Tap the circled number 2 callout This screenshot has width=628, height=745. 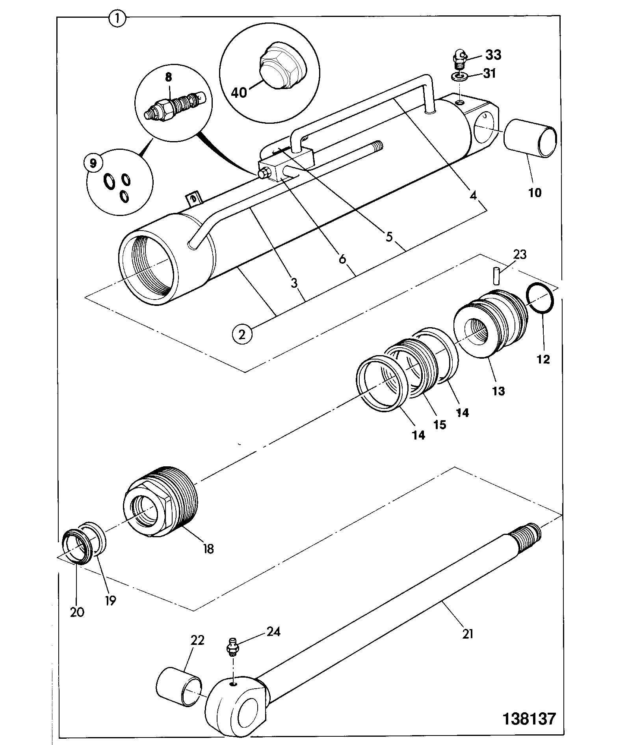coord(242,334)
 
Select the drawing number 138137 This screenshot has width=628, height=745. coord(529,718)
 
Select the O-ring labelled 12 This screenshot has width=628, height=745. coord(541,298)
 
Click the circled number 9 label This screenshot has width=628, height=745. coord(93,163)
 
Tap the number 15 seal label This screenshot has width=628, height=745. coord(440,425)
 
